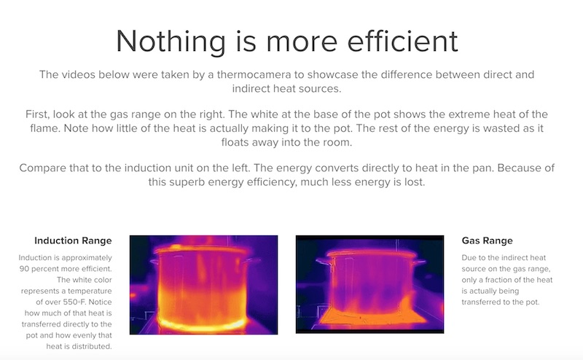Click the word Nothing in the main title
point(171,42)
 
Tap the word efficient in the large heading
point(402,41)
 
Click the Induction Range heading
point(73,240)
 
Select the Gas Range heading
point(487,240)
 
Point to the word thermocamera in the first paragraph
point(254,74)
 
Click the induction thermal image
point(204,285)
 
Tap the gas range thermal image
point(370,284)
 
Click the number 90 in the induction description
point(24,268)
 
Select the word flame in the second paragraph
point(44,128)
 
